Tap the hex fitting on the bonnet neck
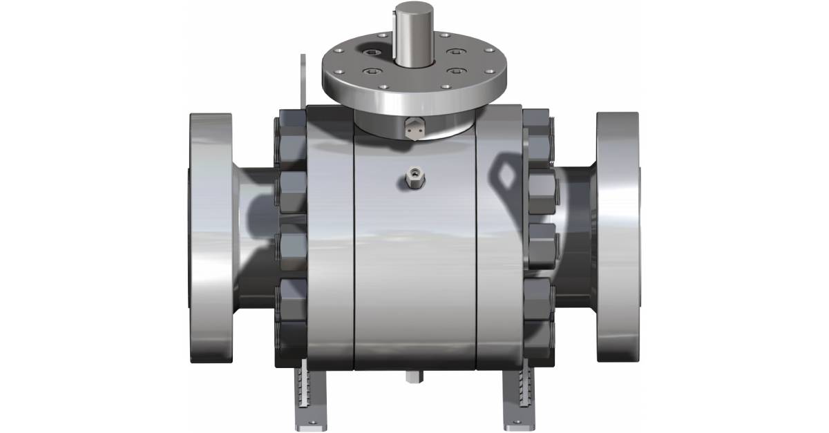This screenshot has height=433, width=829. click(x=413, y=126)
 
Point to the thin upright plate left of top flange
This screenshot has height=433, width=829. click(x=302, y=79)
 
